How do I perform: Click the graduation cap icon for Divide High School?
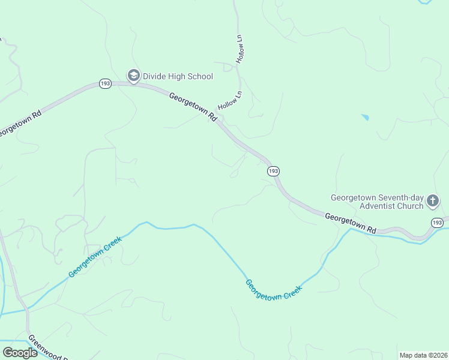tap(133, 76)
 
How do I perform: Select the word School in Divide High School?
tap(199, 76)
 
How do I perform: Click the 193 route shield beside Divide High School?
tap(105, 84)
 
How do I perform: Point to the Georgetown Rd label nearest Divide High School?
tap(193, 106)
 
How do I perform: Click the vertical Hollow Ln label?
tap(239, 49)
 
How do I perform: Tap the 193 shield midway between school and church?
tap(273, 171)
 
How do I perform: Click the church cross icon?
tap(433, 202)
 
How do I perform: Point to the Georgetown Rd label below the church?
tap(351, 223)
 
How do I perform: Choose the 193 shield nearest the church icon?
tap(438, 223)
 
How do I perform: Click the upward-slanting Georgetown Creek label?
tap(95, 256)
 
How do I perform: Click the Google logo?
tap(20, 353)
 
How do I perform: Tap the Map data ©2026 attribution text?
tap(423, 355)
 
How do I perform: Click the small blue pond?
tap(364, 117)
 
